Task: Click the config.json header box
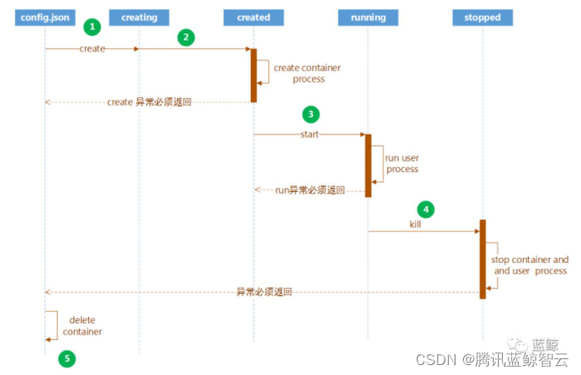44,17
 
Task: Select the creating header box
139,17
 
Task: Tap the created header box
254,17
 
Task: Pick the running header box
367,17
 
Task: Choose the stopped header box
482,17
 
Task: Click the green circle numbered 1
91,27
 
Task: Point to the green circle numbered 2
186,37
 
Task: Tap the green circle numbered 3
310,114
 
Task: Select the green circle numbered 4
425,209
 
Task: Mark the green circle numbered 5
67,359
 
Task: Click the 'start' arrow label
309,134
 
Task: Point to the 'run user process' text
401,163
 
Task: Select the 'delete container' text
82,325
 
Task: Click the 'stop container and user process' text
529,265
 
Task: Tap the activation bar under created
254,75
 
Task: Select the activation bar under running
367,165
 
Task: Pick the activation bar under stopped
482,258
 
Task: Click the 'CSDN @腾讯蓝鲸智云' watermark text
490,360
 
